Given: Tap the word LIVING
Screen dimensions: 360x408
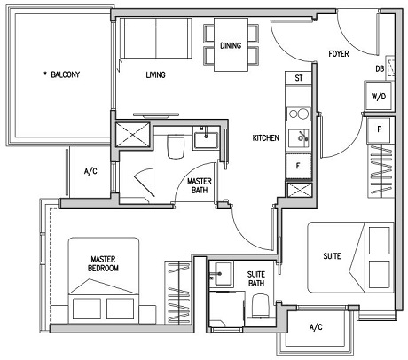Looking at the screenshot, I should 157,75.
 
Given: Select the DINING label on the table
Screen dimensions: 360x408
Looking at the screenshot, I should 231,46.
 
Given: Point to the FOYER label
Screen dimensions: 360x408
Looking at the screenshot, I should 338,54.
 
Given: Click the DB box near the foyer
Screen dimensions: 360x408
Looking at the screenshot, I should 380,68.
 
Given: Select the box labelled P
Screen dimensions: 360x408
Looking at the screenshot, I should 379,129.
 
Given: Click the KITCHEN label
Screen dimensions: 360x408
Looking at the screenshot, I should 266,138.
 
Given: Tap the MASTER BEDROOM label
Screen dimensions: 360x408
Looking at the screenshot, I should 105,262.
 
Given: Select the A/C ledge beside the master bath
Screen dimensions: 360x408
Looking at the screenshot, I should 90,172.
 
